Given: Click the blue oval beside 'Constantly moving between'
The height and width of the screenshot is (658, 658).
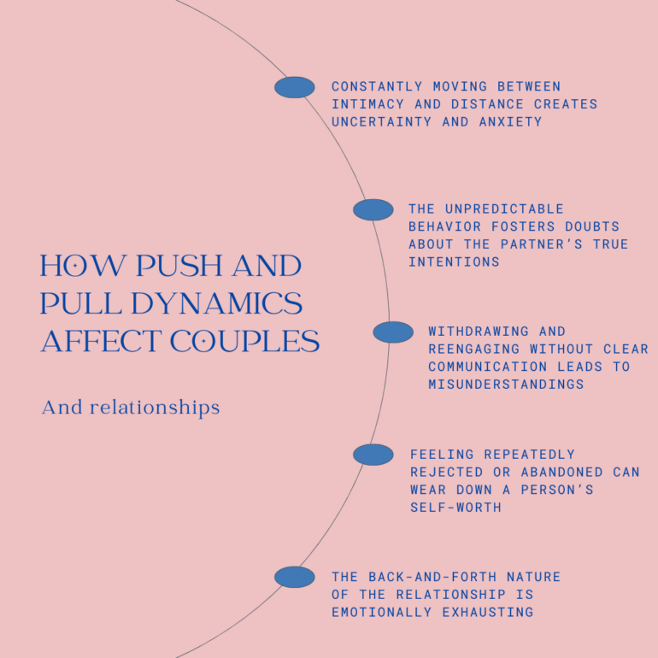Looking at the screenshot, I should [x=295, y=87].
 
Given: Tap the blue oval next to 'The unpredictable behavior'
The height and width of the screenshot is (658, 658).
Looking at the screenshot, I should [x=373, y=209].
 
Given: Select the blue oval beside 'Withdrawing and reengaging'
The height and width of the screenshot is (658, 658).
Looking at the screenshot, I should [x=393, y=332].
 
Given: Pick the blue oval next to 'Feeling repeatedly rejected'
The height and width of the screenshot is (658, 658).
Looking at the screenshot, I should [x=373, y=455].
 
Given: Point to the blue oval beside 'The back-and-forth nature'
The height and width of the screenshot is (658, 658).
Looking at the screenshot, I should [x=295, y=577].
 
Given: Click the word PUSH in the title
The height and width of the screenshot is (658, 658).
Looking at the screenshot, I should [x=168, y=266].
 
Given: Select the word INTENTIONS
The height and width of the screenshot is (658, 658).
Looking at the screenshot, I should [x=454, y=262].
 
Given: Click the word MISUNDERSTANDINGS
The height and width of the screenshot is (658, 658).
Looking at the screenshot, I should [x=506, y=385].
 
